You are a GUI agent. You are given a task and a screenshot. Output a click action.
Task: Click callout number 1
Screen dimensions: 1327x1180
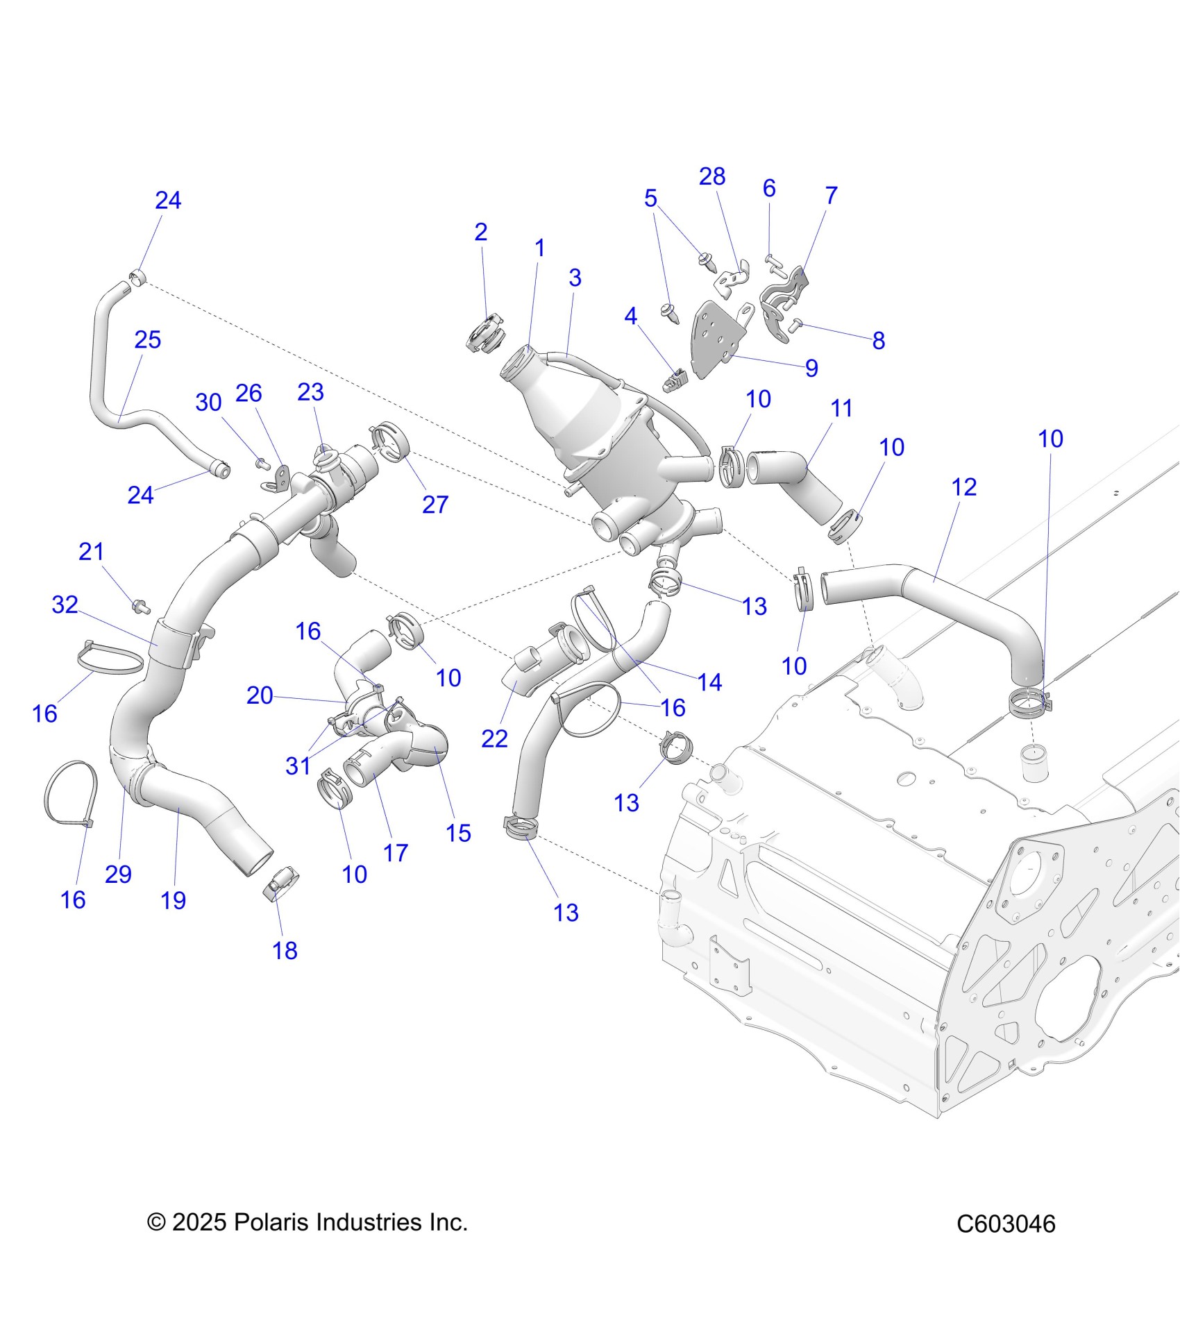pyautogui.click(x=539, y=248)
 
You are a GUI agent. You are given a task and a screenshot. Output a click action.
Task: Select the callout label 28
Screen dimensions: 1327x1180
pyautogui.click(x=712, y=177)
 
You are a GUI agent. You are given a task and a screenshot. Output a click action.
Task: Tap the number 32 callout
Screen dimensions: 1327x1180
pyautogui.click(x=65, y=605)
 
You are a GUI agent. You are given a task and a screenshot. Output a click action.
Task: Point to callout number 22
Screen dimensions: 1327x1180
pyautogui.click(x=494, y=738)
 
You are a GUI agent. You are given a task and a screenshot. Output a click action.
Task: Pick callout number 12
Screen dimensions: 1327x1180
pyautogui.click(x=964, y=487)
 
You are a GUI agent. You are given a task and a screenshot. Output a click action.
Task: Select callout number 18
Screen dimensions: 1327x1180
pyautogui.click(x=285, y=950)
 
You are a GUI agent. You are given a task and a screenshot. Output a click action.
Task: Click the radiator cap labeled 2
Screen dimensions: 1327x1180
pyautogui.click(x=484, y=335)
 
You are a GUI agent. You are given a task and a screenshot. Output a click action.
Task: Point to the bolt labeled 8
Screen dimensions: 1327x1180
pyautogui.click(x=797, y=323)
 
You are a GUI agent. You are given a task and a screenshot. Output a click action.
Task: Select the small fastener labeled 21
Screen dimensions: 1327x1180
pyautogui.click(x=142, y=607)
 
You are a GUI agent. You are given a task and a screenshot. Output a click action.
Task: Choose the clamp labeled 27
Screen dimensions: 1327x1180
pyautogui.click(x=388, y=442)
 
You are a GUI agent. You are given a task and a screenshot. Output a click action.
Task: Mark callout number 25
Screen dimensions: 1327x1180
pyautogui.click(x=147, y=340)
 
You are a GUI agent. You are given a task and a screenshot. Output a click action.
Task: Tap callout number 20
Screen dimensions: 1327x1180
pyautogui.click(x=260, y=695)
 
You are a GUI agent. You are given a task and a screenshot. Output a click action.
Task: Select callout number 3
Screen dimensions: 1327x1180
pyautogui.click(x=575, y=278)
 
